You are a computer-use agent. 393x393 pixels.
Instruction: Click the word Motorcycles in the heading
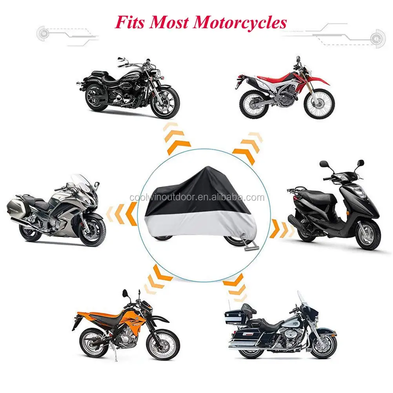pyautogui.click(x=240, y=22)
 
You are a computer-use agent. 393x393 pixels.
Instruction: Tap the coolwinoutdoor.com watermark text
pyautogui.click(x=197, y=197)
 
